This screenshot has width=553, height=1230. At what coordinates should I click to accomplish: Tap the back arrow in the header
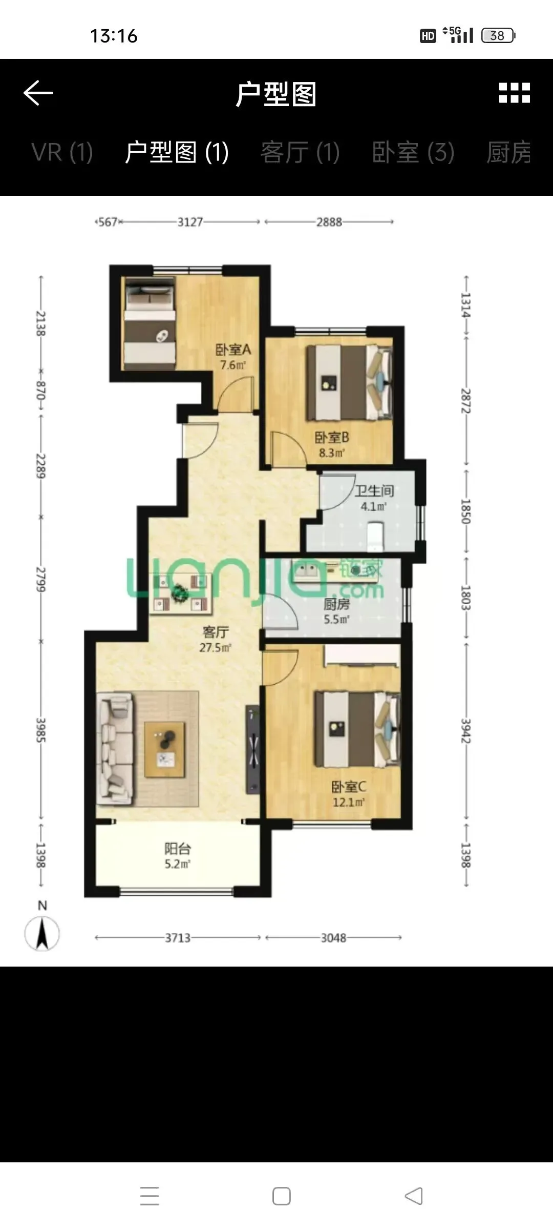(38, 93)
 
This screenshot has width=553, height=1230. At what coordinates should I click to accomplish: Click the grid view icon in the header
(515, 93)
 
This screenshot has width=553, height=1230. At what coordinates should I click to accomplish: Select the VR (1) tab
(62, 152)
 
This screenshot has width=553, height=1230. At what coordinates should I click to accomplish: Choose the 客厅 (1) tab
(300, 152)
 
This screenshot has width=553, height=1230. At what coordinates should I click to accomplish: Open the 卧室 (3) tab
(413, 152)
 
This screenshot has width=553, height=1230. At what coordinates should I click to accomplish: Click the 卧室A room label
(233, 350)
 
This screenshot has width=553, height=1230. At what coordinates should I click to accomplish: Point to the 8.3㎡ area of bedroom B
(332, 453)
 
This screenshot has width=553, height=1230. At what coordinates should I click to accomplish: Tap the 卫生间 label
(374, 491)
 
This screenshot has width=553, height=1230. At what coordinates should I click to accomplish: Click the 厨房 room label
(336, 604)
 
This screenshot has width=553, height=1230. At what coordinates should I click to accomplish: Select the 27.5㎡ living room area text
(215, 647)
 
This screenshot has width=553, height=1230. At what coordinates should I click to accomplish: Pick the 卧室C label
(349, 787)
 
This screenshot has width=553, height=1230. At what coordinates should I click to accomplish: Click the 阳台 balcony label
(177, 849)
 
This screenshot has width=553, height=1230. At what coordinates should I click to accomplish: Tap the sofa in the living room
(116, 748)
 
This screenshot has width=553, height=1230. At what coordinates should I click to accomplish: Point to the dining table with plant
(181, 593)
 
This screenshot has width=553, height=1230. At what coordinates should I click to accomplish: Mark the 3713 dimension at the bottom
(178, 938)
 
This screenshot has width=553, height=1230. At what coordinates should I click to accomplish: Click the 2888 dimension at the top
(329, 222)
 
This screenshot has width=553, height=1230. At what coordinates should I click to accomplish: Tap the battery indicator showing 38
(498, 35)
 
